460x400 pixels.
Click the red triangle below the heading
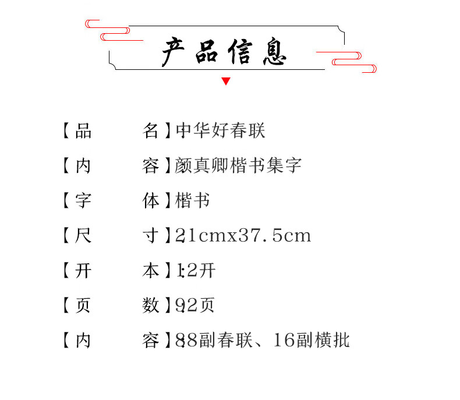click(226, 82)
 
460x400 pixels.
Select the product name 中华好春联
click(220, 131)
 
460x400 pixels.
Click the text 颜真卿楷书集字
click(238, 166)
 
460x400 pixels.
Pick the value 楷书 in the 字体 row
click(192, 201)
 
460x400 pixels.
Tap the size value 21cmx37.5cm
click(243, 236)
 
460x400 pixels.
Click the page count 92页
click(196, 305)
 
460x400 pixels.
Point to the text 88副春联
click(214, 340)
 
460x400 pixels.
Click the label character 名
click(150, 131)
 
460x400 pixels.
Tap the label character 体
click(150, 201)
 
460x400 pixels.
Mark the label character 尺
click(83, 236)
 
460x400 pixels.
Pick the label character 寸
click(150, 236)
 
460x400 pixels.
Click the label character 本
click(150, 271)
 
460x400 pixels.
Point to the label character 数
click(150, 305)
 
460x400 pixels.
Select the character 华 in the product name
click(202, 131)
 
